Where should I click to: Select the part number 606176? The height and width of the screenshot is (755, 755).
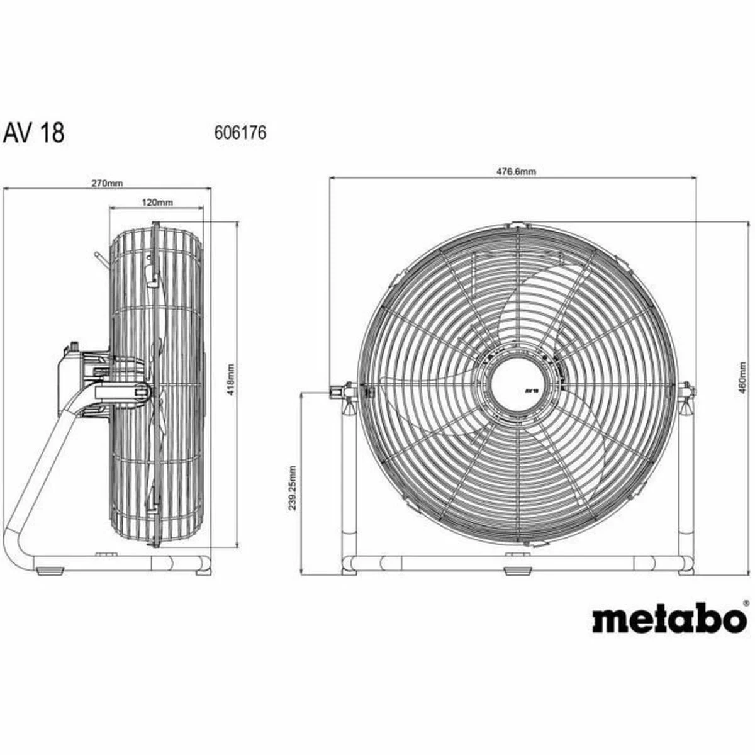click(x=241, y=133)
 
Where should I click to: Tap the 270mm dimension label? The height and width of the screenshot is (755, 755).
click(x=108, y=183)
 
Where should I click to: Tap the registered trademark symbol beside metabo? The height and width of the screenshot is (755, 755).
click(x=746, y=603)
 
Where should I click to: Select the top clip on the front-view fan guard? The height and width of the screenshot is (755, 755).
click(x=517, y=225)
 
